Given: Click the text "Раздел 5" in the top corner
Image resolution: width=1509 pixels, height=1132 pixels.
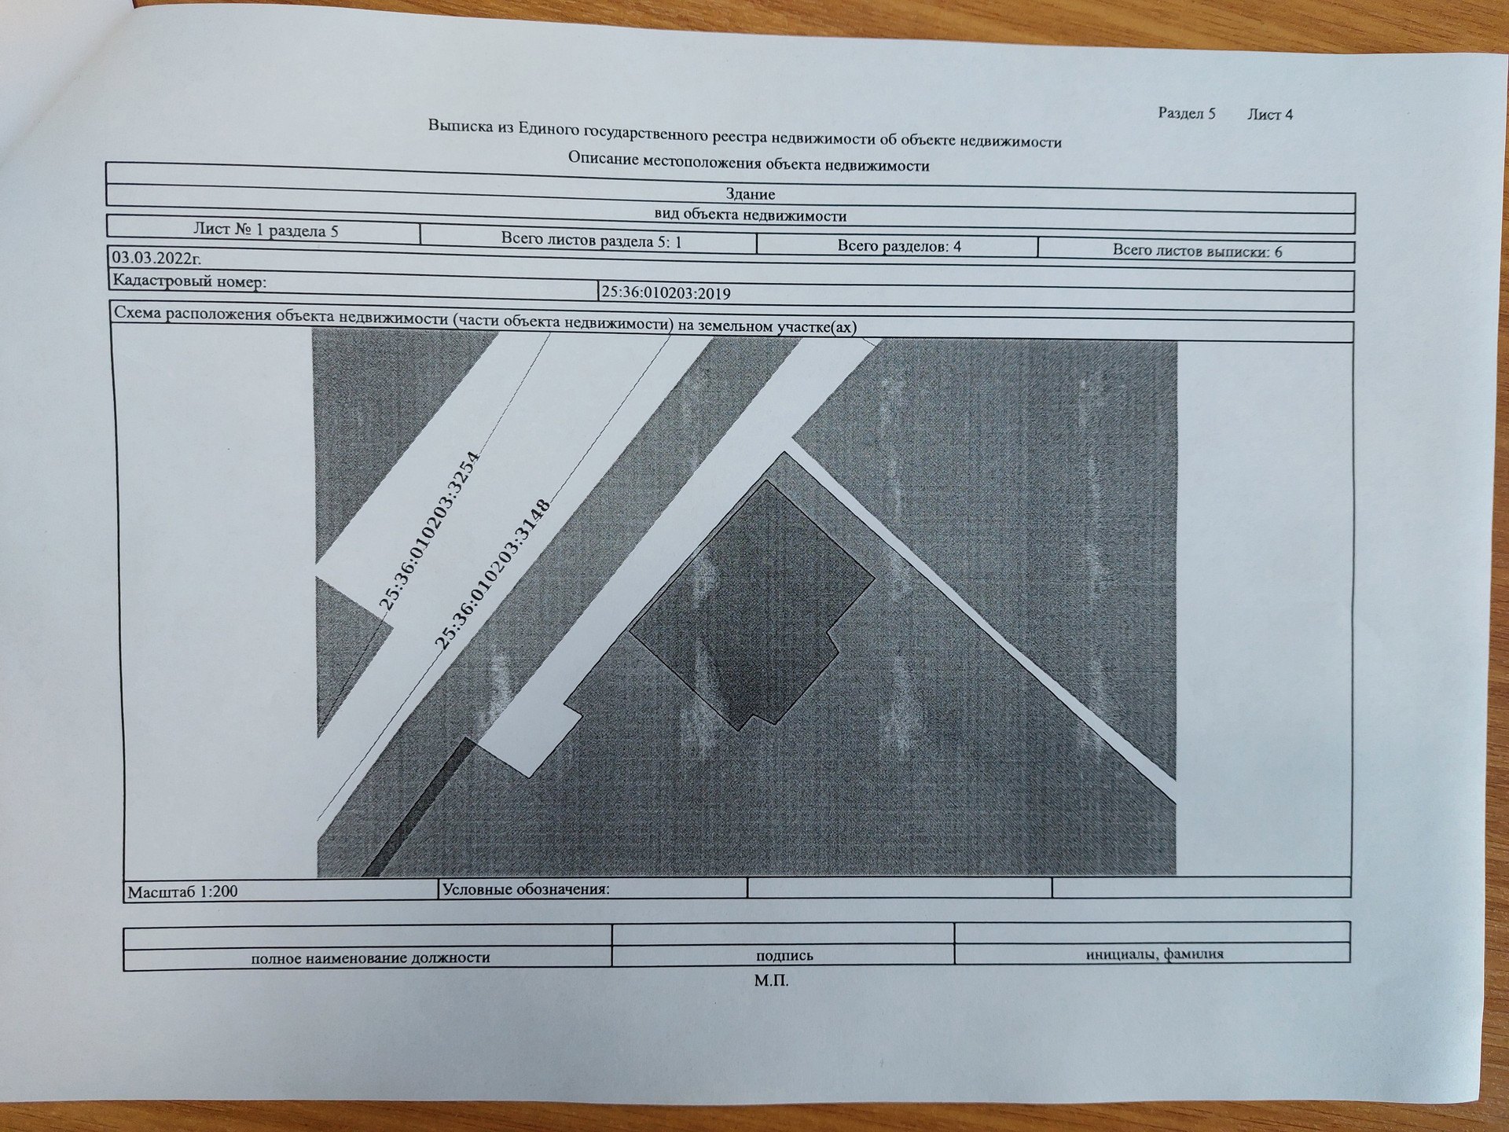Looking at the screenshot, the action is tap(1187, 113).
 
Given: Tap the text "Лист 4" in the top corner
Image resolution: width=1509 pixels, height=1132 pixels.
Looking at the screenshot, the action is tap(1270, 114).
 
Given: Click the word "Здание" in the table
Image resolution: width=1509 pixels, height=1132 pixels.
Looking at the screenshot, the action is tap(751, 193).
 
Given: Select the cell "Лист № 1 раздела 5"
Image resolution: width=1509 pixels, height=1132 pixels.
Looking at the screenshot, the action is tap(266, 230).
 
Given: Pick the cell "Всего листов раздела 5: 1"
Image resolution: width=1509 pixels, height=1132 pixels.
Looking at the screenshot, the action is tap(591, 241).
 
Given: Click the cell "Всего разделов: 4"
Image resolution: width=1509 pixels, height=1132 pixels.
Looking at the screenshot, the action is tap(899, 246).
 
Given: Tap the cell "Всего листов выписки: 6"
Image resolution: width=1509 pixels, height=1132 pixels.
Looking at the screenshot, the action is tap(1197, 251).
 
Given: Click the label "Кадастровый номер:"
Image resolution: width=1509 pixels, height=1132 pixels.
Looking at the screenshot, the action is tap(189, 281).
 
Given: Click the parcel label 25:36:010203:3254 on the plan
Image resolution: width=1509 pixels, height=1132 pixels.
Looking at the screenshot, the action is tap(429, 531).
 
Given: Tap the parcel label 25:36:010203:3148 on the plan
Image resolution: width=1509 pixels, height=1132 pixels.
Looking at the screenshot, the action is tap(491, 574).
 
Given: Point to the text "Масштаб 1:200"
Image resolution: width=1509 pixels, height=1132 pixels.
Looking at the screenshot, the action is tap(183, 891).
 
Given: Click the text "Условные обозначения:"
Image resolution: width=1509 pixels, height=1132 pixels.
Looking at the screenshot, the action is tap(526, 889).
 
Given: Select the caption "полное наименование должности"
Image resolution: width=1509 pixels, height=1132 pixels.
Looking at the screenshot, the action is tap(370, 957).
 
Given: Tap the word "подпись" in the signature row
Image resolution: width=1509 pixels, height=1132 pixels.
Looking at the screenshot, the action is tap(784, 956).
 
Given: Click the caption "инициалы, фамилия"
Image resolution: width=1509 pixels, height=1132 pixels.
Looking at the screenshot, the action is tap(1155, 954).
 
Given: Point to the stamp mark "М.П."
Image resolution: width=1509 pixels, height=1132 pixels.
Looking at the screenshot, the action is tap(771, 981).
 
